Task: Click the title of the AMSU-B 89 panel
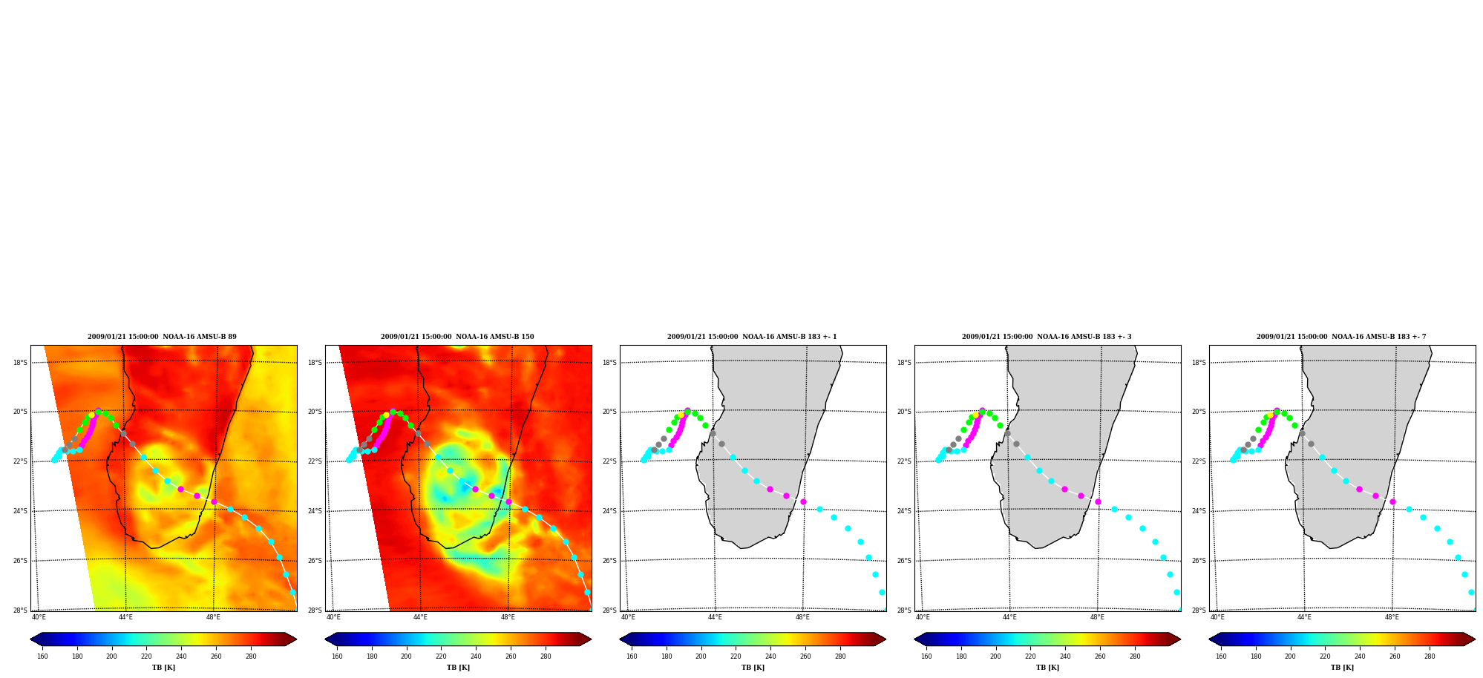tap(162, 337)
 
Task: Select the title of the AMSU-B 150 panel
tap(457, 337)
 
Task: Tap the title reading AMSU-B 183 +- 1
tap(752, 337)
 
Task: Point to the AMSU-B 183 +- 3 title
tap(1047, 337)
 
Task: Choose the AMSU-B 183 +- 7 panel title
tap(1341, 337)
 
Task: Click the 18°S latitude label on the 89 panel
tap(20, 363)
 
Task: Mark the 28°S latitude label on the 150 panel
tap(315, 610)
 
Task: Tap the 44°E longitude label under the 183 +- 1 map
tap(715, 617)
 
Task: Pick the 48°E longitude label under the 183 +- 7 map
tap(1392, 617)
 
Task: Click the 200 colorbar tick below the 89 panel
tap(111, 656)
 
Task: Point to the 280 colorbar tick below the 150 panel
tap(546, 656)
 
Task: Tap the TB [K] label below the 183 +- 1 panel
tap(753, 668)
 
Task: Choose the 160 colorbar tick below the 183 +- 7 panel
tap(1221, 656)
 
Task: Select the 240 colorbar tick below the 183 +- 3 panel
tap(1065, 656)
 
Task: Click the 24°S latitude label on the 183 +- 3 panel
tap(904, 511)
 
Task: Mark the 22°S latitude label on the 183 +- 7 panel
tap(1199, 461)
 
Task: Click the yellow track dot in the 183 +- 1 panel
tap(681, 415)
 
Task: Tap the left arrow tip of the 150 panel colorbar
tap(325, 639)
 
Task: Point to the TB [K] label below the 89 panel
tap(163, 668)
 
